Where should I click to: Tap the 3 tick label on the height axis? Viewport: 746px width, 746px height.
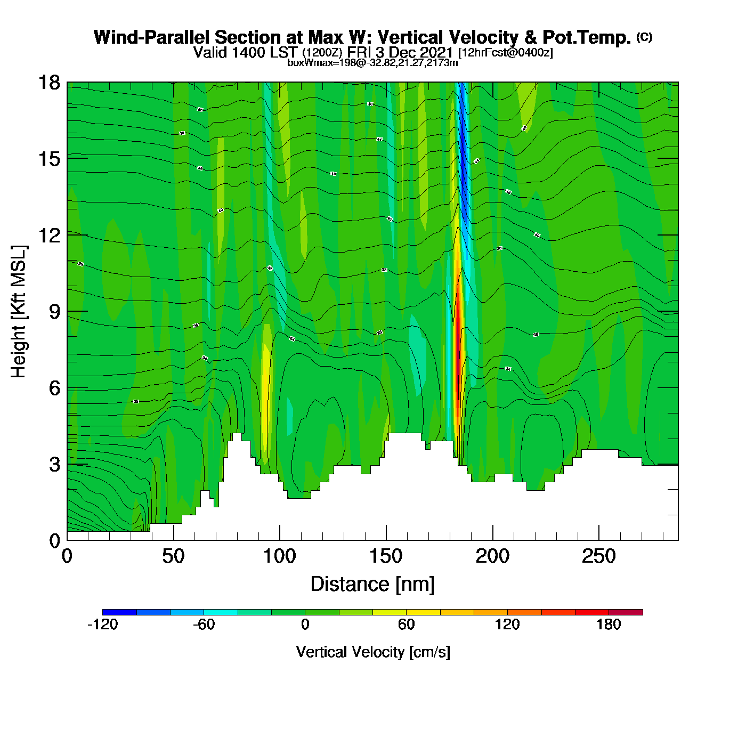pyautogui.click(x=54, y=465)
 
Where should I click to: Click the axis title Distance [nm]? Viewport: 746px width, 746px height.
pyautogui.click(x=372, y=585)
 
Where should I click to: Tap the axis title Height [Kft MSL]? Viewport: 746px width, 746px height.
pyautogui.click(x=19, y=312)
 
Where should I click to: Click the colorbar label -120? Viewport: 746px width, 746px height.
pyautogui.click(x=102, y=625)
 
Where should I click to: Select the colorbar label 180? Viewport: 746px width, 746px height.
pyautogui.click(x=609, y=625)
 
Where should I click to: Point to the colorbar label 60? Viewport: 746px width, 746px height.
pyautogui.click(x=406, y=625)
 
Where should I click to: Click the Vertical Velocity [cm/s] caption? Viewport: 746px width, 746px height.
pyautogui.click(x=372, y=652)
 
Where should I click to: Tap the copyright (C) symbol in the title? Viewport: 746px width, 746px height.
pyautogui.click(x=644, y=37)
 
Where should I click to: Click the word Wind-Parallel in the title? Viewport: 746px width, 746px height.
pyautogui.click(x=152, y=37)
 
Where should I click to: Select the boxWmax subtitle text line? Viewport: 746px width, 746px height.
pyautogui.click(x=372, y=62)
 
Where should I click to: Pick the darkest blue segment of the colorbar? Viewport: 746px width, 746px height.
pyautogui.click(x=119, y=612)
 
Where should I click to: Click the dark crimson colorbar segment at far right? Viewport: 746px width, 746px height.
pyautogui.click(x=626, y=612)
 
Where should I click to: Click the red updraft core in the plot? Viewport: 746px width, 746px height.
pyautogui.click(x=457, y=341)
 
